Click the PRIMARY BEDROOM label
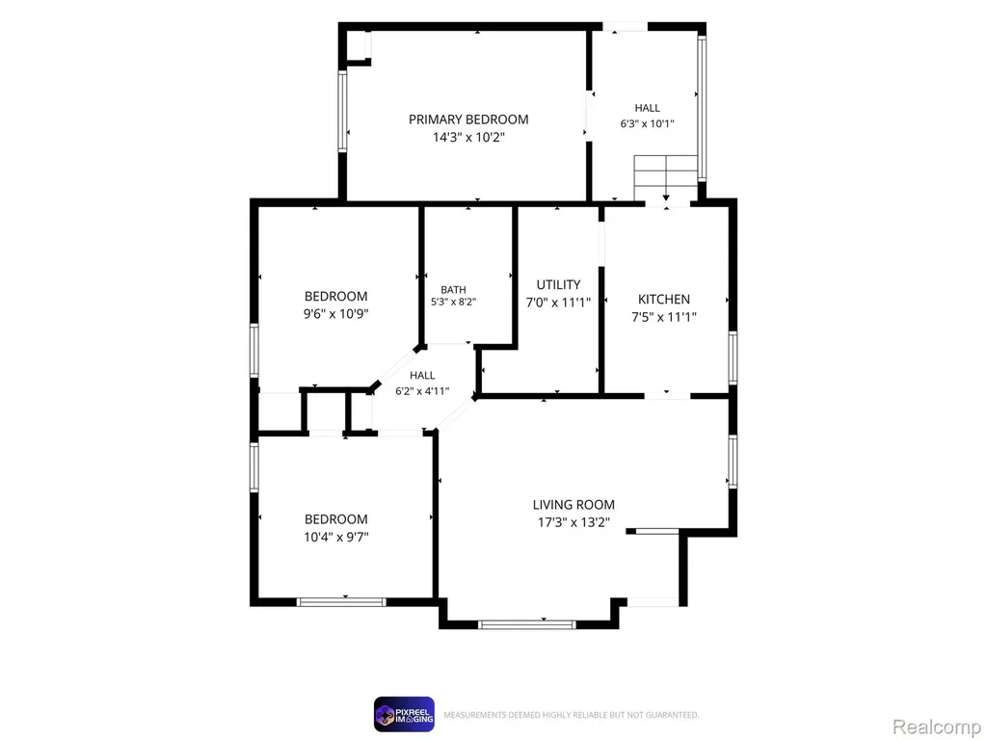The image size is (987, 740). point(468,119)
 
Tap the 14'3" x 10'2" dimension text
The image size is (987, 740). point(468,137)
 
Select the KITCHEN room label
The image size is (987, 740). point(664,300)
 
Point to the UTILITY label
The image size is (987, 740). point(558,284)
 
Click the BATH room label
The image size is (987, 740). point(453,289)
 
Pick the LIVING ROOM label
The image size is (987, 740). point(574,505)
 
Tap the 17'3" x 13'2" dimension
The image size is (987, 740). point(574,522)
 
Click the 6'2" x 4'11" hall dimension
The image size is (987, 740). point(422,391)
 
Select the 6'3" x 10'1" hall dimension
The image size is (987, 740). point(647,124)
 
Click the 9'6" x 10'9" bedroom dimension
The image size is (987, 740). point(336,313)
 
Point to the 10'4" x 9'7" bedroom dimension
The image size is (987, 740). point(336,537)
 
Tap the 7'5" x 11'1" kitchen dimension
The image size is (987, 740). point(664,317)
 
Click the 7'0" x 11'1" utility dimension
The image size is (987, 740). point(558,303)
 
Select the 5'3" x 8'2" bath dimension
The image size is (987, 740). point(453,302)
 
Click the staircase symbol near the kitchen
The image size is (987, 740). point(666,178)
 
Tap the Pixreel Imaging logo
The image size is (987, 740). point(404,714)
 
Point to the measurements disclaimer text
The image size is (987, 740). point(571,715)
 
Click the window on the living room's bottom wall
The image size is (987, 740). point(527,624)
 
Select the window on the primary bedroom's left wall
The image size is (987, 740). point(342,112)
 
